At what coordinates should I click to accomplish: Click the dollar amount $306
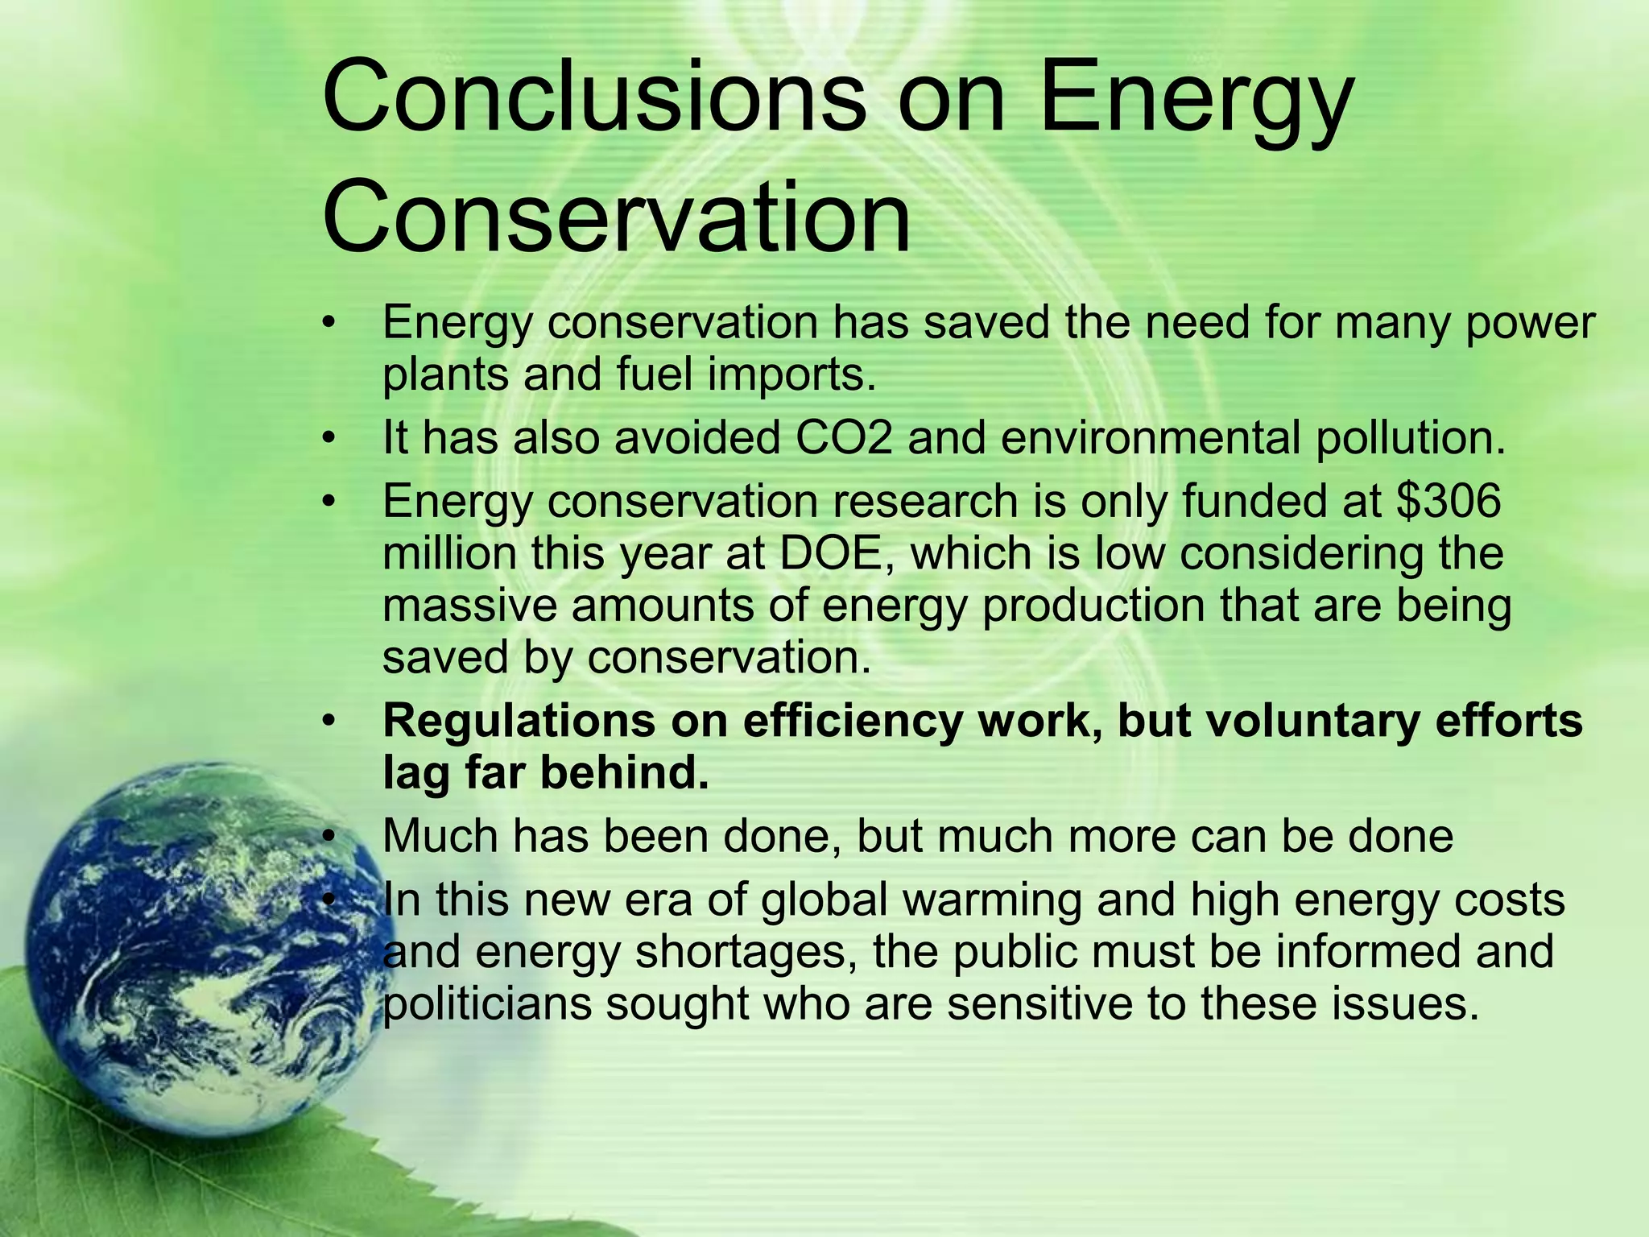(x=1449, y=501)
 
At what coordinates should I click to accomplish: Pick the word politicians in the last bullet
(x=486, y=1004)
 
